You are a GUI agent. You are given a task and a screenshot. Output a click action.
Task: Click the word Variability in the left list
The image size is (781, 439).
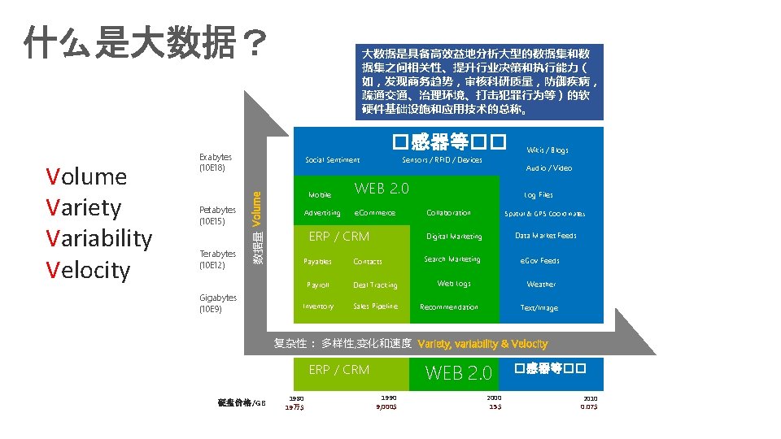click(x=99, y=238)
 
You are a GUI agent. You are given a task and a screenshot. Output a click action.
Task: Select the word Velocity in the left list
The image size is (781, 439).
click(x=88, y=269)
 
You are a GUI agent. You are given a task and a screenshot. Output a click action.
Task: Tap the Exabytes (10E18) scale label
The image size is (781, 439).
click(x=216, y=162)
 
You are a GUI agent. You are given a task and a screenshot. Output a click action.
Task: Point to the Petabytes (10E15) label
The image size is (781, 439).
click(x=217, y=215)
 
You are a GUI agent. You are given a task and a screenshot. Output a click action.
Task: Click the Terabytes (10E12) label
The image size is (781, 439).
click(x=217, y=259)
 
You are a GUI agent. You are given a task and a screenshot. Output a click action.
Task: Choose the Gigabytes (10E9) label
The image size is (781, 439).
click(x=218, y=303)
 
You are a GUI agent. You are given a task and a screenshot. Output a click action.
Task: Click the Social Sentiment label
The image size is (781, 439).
click(x=332, y=160)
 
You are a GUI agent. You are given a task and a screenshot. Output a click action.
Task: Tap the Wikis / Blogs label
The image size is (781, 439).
click(x=548, y=150)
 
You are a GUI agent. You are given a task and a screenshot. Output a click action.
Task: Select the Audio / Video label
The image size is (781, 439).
click(x=549, y=168)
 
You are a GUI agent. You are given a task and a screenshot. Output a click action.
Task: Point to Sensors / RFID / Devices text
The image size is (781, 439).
click(x=442, y=160)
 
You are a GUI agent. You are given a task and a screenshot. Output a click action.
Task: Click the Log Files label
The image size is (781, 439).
click(x=539, y=195)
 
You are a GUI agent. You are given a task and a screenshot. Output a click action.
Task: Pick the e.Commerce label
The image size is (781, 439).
click(x=374, y=213)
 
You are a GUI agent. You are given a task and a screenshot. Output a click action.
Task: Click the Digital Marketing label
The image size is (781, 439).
click(x=454, y=237)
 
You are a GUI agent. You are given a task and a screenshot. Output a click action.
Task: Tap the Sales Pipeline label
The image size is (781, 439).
click(x=375, y=306)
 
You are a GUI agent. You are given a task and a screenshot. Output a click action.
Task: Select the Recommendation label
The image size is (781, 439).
click(x=449, y=307)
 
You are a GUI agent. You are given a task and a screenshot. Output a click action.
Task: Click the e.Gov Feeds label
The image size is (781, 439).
click(x=540, y=261)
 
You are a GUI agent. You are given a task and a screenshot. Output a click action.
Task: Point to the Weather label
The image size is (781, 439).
click(x=541, y=285)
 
